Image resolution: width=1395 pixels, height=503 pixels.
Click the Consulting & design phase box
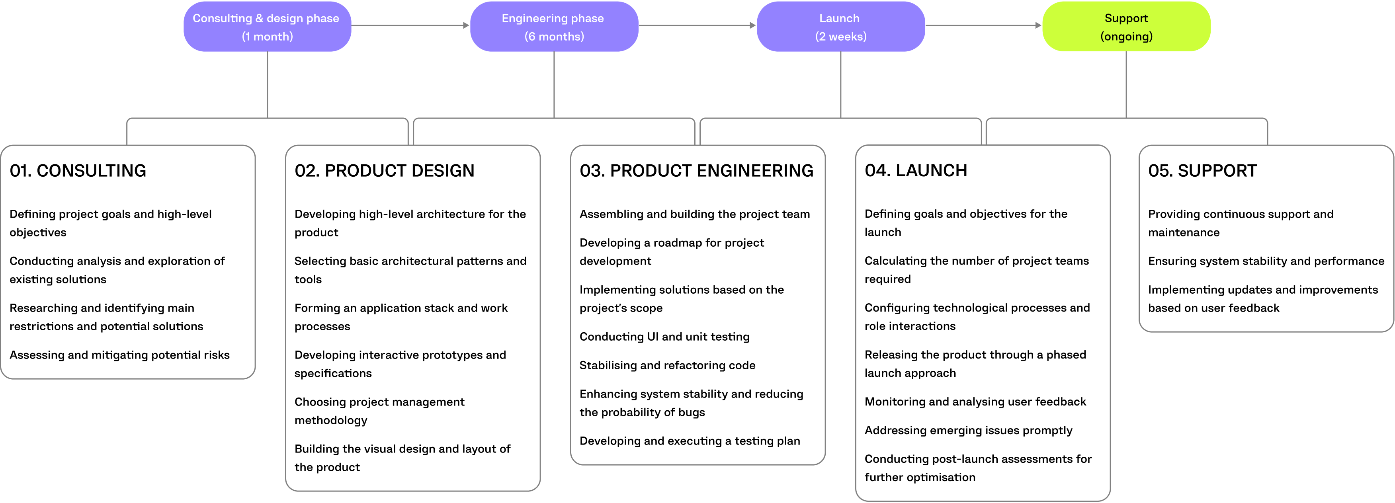coord(267,27)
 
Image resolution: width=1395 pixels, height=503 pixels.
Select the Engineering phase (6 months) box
coord(553,27)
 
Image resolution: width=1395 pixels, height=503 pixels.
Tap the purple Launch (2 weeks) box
coord(840,27)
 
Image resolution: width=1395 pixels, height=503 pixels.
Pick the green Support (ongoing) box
coord(1126,27)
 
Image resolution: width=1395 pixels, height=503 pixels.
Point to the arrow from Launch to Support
coord(983,25)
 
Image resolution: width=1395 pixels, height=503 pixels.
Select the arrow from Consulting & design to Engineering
coord(410,25)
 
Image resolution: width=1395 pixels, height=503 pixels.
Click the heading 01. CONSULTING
coord(78,171)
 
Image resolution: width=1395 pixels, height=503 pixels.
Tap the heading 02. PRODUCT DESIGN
coord(385,171)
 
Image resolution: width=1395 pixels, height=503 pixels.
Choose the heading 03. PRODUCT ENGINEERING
coord(696,171)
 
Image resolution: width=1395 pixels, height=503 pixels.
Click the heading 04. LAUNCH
coord(916,171)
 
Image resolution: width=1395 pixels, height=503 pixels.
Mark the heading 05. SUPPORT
coord(1202,171)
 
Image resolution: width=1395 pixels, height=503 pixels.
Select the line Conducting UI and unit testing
coord(664,337)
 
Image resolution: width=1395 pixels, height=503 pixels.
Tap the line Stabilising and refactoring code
coord(667,365)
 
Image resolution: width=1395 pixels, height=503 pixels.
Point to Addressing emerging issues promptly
coord(968,431)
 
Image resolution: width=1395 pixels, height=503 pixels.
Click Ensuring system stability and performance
coord(1266,261)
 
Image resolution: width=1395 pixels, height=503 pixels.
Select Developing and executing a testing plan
coord(690,441)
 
